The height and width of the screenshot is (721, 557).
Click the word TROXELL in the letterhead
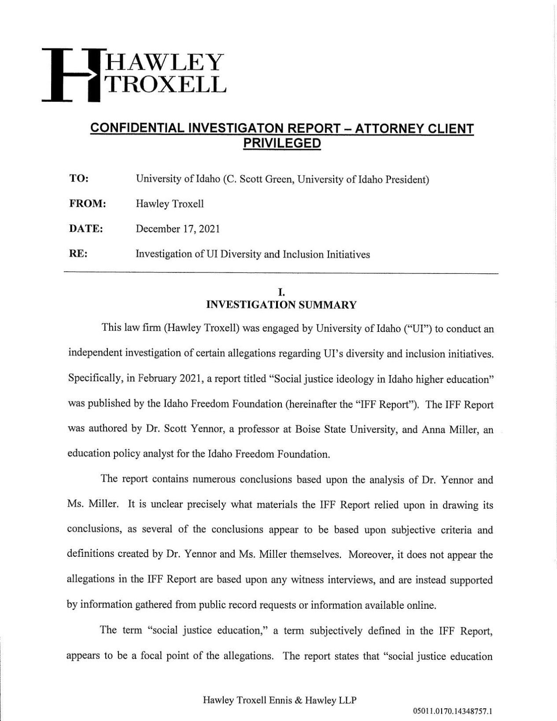(x=164, y=85)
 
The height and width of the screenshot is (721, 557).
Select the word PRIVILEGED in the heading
(x=282, y=143)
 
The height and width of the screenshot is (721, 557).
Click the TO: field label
(x=79, y=179)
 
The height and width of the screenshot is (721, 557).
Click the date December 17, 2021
(x=177, y=229)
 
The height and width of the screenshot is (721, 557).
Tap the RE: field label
(x=78, y=254)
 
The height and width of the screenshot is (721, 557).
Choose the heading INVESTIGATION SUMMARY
(x=281, y=305)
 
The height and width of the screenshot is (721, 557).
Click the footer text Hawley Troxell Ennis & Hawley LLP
(x=279, y=700)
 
